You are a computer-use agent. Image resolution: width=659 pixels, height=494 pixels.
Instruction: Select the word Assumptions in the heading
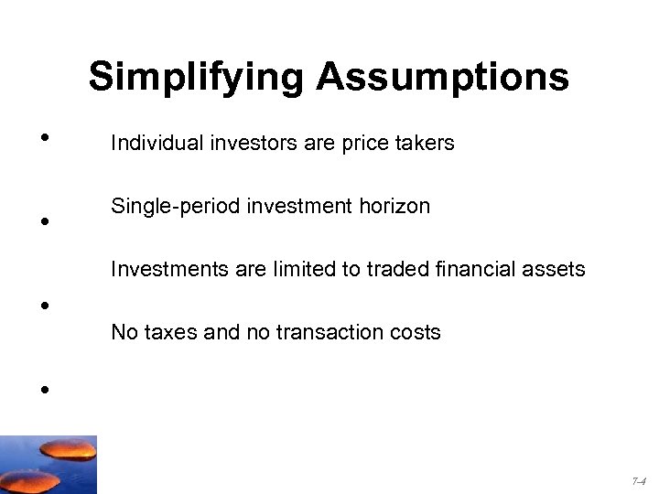[x=443, y=78]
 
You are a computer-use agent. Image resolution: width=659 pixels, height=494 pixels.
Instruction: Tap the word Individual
[x=150, y=144]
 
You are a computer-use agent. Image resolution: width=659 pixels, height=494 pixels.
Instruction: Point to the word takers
[x=427, y=144]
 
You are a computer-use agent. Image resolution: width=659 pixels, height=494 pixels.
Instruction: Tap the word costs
[x=414, y=332]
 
